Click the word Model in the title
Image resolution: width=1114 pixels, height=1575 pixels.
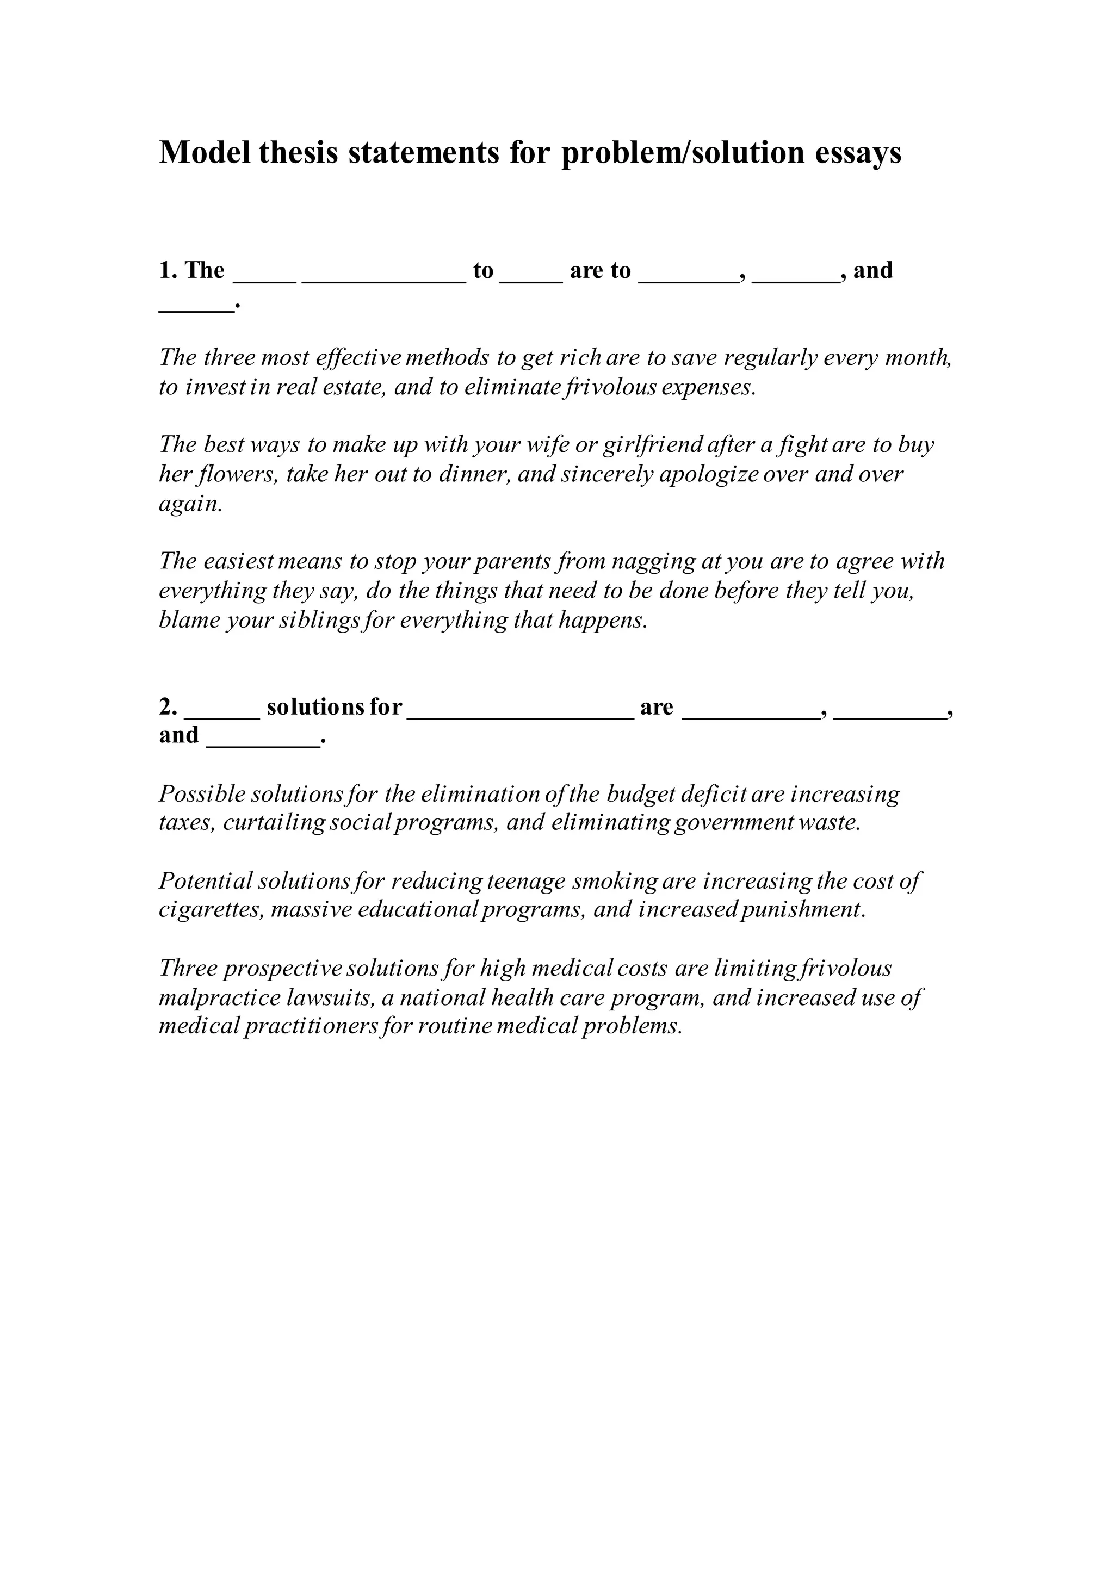point(205,152)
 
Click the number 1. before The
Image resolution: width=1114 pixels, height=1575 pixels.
point(168,270)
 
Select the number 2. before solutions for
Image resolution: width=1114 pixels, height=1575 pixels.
point(168,706)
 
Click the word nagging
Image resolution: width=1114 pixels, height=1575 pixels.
point(652,561)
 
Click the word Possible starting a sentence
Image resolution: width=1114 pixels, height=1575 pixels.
point(202,793)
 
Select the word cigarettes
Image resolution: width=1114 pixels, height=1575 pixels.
point(211,910)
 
